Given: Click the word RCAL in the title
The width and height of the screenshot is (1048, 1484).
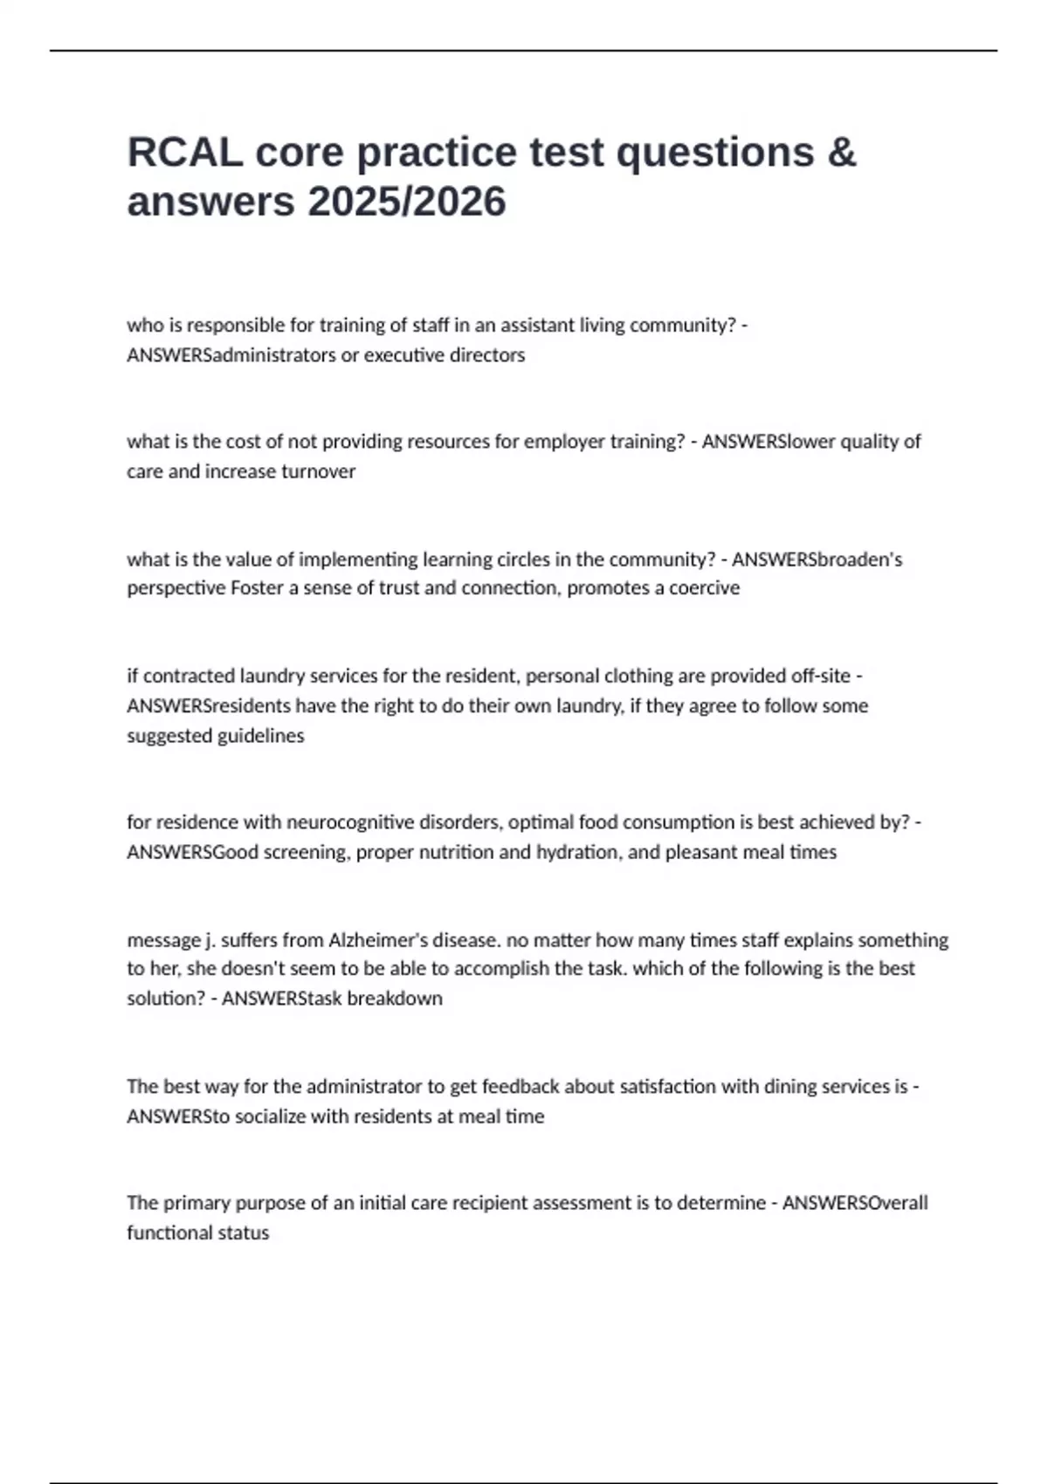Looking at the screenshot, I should tap(185, 152).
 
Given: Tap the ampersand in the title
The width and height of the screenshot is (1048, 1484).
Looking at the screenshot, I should tap(841, 152).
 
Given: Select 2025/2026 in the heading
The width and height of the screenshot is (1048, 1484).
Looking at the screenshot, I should tap(407, 202).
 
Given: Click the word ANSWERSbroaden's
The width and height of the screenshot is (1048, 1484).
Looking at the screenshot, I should tap(817, 559).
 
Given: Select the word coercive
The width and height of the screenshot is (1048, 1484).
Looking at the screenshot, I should tap(704, 588).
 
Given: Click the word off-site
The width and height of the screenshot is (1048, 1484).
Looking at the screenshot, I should tap(820, 676).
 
